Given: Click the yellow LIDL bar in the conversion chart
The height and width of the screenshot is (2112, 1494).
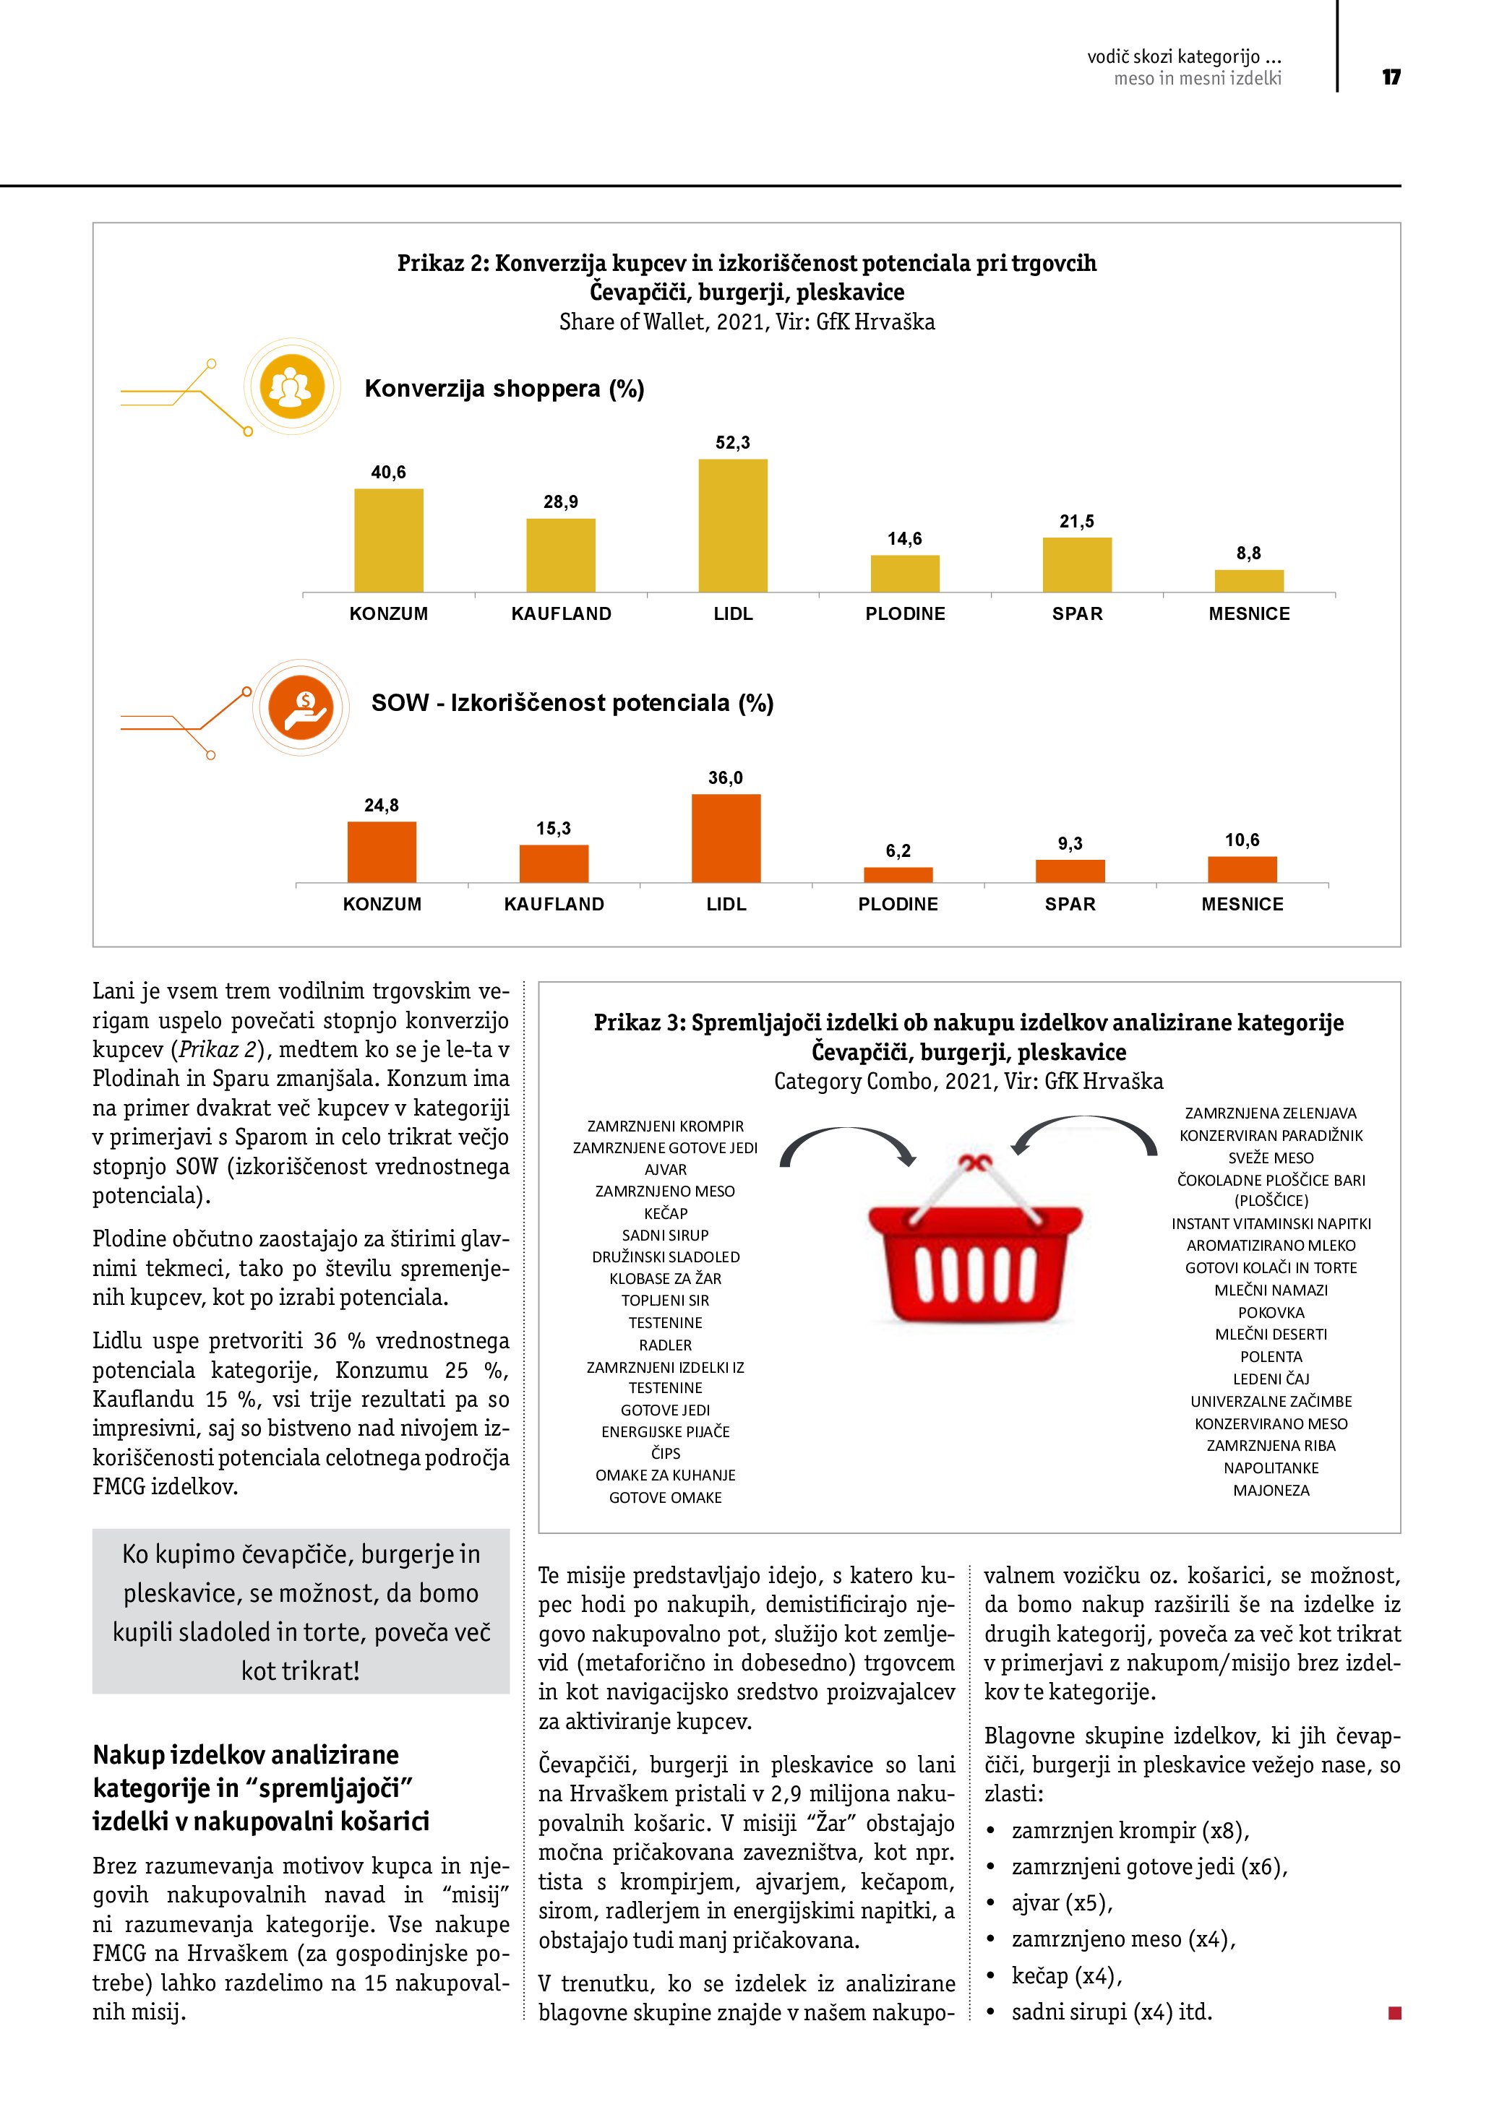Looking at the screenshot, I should [732, 525].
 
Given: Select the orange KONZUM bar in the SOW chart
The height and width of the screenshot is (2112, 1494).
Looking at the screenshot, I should [382, 852].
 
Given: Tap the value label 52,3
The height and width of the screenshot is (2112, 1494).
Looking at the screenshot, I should [732, 442].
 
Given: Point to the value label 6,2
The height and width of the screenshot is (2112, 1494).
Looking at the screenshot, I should [898, 851].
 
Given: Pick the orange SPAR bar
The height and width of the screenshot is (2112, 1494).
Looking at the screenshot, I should [1070, 871].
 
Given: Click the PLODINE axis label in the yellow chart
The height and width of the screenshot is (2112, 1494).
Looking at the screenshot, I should [904, 613].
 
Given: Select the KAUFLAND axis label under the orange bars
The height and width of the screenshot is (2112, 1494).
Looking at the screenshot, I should [554, 904].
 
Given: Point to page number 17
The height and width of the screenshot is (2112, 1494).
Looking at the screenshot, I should [1391, 77].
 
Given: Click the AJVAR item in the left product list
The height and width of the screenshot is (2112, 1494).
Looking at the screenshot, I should [665, 1169].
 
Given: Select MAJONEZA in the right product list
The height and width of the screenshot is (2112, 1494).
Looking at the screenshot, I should [1271, 1490].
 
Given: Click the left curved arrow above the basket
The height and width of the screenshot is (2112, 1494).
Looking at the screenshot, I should [846, 1145].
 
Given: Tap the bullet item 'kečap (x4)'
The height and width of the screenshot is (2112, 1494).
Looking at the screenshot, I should [1066, 1976].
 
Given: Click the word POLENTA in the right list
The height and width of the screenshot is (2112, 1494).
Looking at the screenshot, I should [1271, 1357].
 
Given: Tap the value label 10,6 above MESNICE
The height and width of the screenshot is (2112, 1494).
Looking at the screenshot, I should [1241, 840].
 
